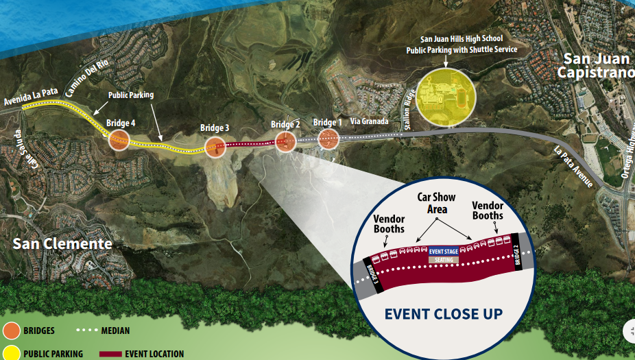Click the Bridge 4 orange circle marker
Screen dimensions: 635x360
tap(119, 140)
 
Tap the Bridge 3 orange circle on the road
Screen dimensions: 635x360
tap(215, 147)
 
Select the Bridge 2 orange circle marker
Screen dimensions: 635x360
tap(286, 142)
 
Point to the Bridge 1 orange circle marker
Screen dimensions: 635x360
tap(328, 139)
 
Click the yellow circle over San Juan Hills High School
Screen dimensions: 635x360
tap(446, 97)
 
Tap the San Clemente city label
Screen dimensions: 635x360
tap(62, 244)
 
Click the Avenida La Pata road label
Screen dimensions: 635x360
tap(31, 97)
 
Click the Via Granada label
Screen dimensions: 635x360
tap(369, 121)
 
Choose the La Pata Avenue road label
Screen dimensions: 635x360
tap(573, 167)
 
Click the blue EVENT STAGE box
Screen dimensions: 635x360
tap(444, 252)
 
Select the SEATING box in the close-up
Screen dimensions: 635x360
tap(444, 260)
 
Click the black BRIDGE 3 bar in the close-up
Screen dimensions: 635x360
tap(372, 274)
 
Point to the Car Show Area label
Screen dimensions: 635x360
tap(437, 203)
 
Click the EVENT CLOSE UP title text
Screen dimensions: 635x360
tap(444, 314)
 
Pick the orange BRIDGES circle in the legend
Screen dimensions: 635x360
tap(12, 331)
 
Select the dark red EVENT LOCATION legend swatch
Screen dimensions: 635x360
tap(110, 355)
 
